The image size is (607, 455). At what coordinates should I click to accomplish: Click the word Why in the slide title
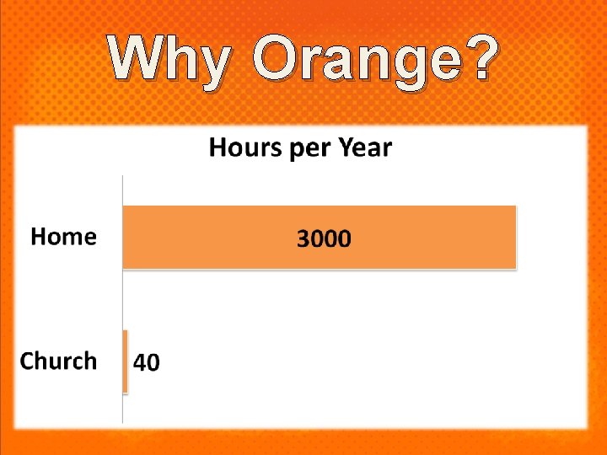coord(169,61)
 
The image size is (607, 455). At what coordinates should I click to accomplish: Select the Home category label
coord(63,237)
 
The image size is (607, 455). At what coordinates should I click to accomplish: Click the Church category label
coord(58,361)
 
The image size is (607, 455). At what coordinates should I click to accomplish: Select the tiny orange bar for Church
coord(126,361)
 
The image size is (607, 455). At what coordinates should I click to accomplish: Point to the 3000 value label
coord(324,239)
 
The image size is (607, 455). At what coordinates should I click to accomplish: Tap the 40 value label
coord(147,363)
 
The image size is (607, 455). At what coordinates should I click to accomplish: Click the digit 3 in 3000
coord(303,239)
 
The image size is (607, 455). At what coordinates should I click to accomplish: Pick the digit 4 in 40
coord(141,363)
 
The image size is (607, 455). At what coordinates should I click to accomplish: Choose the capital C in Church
coord(27,361)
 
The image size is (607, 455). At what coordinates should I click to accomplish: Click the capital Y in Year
coord(345,148)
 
